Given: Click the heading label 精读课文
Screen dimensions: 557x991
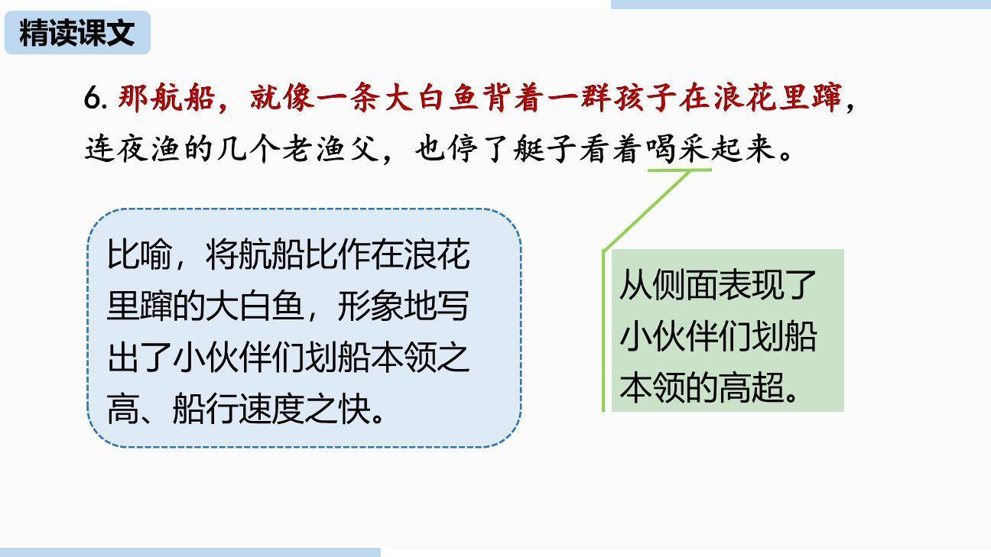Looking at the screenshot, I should click(x=77, y=33).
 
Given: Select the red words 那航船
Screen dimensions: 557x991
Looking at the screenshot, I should click(x=166, y=99).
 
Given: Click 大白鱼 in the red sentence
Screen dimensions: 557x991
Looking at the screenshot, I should click(x=431, y=99).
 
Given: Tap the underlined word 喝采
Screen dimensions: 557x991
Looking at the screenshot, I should click(x=679, y=149).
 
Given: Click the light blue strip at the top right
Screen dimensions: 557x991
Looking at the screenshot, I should click(x=800, y=5).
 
